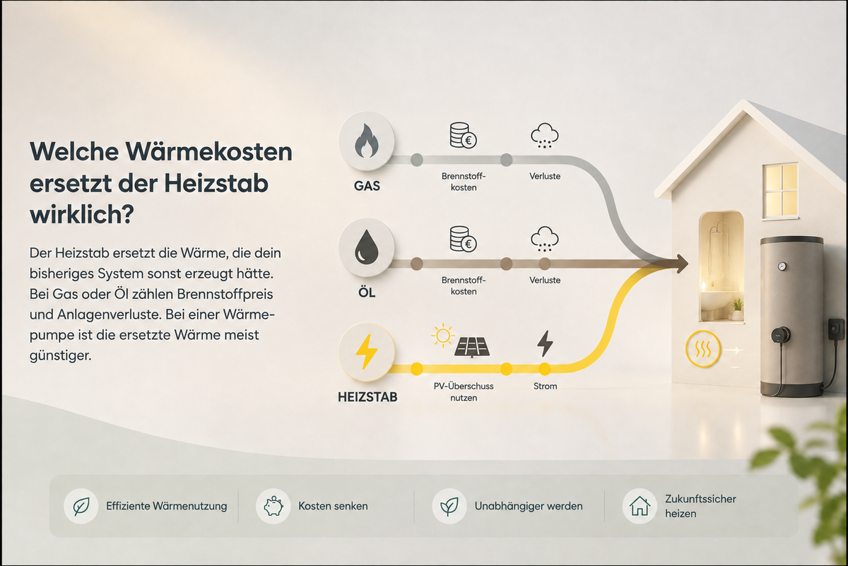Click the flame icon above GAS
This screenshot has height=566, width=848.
[366, 141]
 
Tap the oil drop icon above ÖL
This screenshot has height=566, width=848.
[366, 247]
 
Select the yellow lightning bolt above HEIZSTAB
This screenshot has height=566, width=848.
[366, 352]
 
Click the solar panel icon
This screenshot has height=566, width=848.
[472, 348]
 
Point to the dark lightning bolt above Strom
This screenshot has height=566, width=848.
[545, 343]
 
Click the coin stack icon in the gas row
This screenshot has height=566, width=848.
[463, 135]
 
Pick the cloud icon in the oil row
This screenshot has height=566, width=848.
[544, 239]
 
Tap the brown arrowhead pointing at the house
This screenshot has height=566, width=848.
[681, 264]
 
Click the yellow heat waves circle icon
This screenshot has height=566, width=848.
[702, 349]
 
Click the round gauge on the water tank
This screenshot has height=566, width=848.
[782, 266]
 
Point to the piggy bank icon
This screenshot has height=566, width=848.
[273, 506]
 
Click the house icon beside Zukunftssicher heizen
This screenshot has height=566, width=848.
[640, 506]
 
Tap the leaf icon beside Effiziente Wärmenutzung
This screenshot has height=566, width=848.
[81, 506]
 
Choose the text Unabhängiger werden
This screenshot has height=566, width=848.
[529, 506]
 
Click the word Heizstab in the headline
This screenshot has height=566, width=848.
[216, 184]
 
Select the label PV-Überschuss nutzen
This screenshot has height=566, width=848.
[464, 392]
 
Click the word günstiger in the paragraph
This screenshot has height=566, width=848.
[61, 356]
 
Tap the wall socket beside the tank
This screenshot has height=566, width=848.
[836, 329]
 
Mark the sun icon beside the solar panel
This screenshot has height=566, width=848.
[442, 336]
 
